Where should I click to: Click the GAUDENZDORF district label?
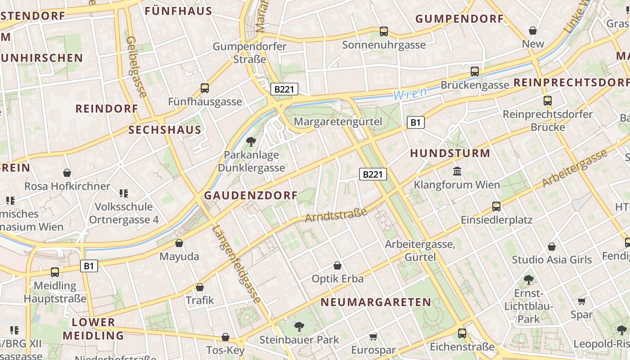(x=251, y=195)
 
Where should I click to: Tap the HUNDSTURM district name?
(x=450, y=153)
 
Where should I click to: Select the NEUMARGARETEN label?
(x=376, y=302)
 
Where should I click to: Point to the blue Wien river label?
(x=409, y=94)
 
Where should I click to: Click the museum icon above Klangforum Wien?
(x=457, y=171)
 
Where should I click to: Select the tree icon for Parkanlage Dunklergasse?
(x=251, y=142)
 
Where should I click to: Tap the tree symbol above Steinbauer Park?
(x=299, y=326)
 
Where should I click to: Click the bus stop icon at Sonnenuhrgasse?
(x=383, y=31)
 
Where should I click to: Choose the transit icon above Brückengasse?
(x=474, y=71)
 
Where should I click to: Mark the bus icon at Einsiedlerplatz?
(x=496, y=206)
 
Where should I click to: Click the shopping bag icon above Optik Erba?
(x=337, y=265)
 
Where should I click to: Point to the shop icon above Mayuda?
(x=179, y=243)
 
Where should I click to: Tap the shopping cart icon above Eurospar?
(x=373, y=337)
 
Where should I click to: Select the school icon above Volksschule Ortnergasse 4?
(x=124, y=193)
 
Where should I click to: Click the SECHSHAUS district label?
(x=165, y=130)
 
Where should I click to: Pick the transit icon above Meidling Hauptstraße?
(x=54, y=272)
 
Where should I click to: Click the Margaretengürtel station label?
(x=337, y=121)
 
